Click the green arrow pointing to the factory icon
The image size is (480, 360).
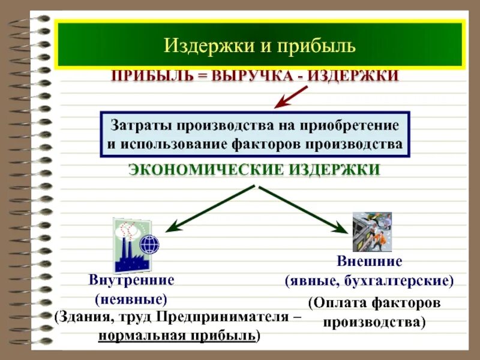click(x=210, y=209)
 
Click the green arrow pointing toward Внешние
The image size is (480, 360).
click(x=304, y=209)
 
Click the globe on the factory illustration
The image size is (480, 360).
click(x=149, y=245)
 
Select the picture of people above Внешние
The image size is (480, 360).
click(x=372, y=232)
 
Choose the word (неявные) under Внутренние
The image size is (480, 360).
click(x=131, y=298)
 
